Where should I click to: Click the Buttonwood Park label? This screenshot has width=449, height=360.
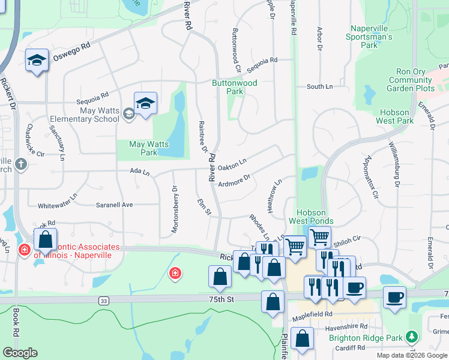234,87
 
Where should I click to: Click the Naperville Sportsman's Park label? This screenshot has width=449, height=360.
369,37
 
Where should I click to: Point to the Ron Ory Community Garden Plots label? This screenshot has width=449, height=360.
411,80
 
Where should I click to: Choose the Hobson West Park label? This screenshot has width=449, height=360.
395,116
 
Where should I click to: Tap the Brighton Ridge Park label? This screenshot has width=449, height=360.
365,338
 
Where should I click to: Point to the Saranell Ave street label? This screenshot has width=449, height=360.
114,205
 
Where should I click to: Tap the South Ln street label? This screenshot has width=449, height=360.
319,87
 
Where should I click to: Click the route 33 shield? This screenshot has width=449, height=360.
104,300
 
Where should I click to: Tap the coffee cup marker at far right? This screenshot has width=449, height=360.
394,298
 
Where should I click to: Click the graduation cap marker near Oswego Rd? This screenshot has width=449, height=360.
37,61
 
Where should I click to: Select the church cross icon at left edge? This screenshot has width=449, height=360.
21,164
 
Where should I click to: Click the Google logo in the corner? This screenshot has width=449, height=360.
20,353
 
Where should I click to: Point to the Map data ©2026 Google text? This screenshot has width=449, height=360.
411,355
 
